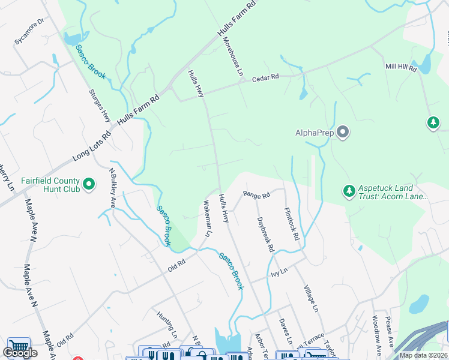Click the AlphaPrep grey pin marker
[343, 132]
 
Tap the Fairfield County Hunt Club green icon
[89, 184]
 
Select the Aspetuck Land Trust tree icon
[349, 191]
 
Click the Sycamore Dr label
[30, 31]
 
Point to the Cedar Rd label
[265, 77]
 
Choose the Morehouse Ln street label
[233, 54]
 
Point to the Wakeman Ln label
[208, 218]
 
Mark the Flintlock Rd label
[292, 224]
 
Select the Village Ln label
[310, 298]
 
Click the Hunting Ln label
[167, 324]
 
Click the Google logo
[20, 353]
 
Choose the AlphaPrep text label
[315, 133]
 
